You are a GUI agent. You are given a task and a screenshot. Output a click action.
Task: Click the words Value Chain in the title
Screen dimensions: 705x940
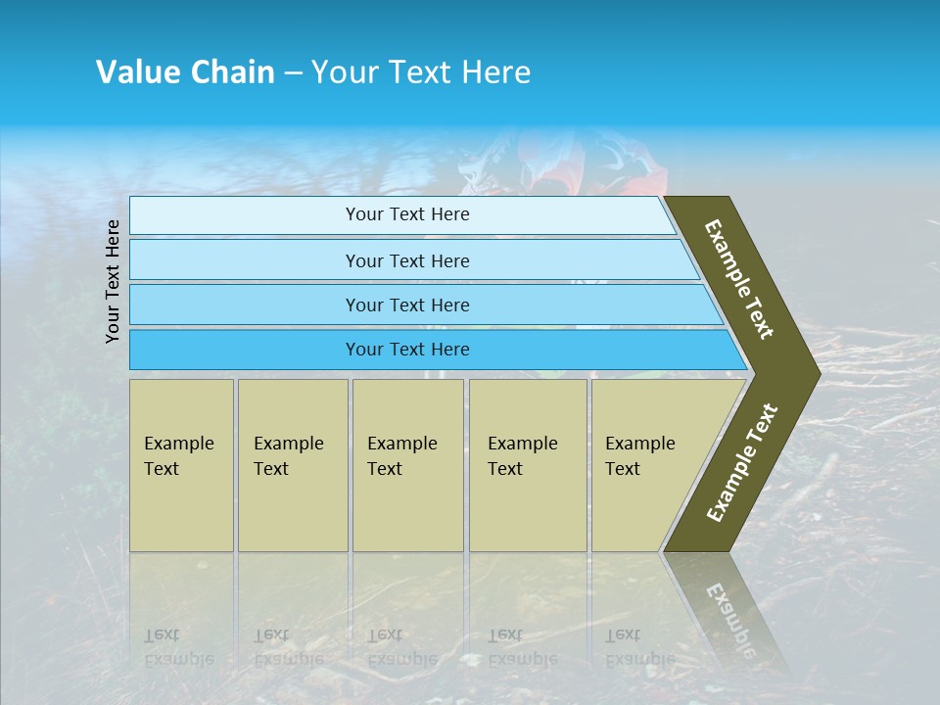(185, 72)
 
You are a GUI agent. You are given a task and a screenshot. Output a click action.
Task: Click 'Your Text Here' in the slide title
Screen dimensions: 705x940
(421, 72)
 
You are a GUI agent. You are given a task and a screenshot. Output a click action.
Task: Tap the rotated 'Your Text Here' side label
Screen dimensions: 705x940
(113, 281)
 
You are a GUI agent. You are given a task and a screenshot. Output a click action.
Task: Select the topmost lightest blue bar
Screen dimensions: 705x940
(406, 214)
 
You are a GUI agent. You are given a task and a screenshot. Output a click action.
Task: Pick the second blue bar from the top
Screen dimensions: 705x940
(406, 260)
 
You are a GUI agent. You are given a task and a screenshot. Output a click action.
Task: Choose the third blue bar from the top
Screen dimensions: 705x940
(406, 305)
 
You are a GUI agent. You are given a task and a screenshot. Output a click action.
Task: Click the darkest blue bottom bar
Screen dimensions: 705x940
(406, 350)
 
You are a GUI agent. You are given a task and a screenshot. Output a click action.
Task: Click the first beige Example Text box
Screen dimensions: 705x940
(181, 465)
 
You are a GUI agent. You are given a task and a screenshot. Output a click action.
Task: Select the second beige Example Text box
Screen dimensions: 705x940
(292, 465)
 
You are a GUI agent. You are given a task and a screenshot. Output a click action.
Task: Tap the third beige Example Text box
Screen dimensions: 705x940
(406, 465)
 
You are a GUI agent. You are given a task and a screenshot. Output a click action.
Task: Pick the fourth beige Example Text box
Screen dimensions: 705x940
(527, 465)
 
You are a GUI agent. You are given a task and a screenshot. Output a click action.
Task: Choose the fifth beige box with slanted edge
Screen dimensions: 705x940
(646, 465)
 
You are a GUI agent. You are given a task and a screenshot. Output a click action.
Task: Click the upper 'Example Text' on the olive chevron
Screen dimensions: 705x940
(739, 279)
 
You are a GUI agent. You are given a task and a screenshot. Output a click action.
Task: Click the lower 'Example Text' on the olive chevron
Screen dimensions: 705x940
(742, 462)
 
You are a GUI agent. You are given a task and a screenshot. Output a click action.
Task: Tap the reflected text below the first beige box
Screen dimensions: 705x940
(178, 647)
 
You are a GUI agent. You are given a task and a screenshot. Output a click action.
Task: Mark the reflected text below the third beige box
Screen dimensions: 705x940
(401, 647)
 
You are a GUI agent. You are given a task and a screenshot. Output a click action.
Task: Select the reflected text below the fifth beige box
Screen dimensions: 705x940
(639, 647)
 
